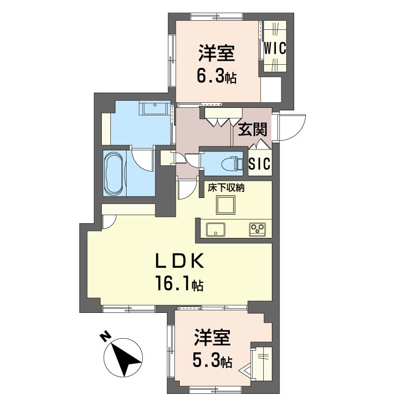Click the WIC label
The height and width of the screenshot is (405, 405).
coord(275,48)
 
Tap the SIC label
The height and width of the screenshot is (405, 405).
coord(260,163)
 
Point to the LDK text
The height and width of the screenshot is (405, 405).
coord(180,261)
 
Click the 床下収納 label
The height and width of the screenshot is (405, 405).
coord(226,188)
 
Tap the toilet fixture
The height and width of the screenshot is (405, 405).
coord(232,163)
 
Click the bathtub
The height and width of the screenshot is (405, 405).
coord(114,173)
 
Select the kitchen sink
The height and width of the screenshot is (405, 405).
coord(216,229)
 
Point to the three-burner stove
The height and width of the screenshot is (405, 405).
coord(257,229)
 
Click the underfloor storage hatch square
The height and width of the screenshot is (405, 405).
coord(226,205)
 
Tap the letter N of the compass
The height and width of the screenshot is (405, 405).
coord(105,337)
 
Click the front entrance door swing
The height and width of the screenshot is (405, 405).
coord(292,128)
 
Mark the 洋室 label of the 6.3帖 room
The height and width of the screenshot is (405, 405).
coord(217,53)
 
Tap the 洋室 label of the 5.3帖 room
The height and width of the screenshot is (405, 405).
coord(212,338)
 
